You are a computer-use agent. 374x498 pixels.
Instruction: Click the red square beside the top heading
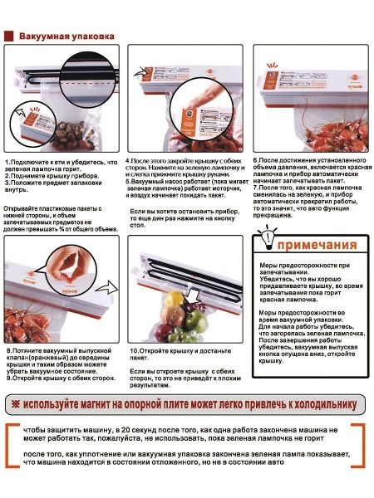click(x=9, y=37)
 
